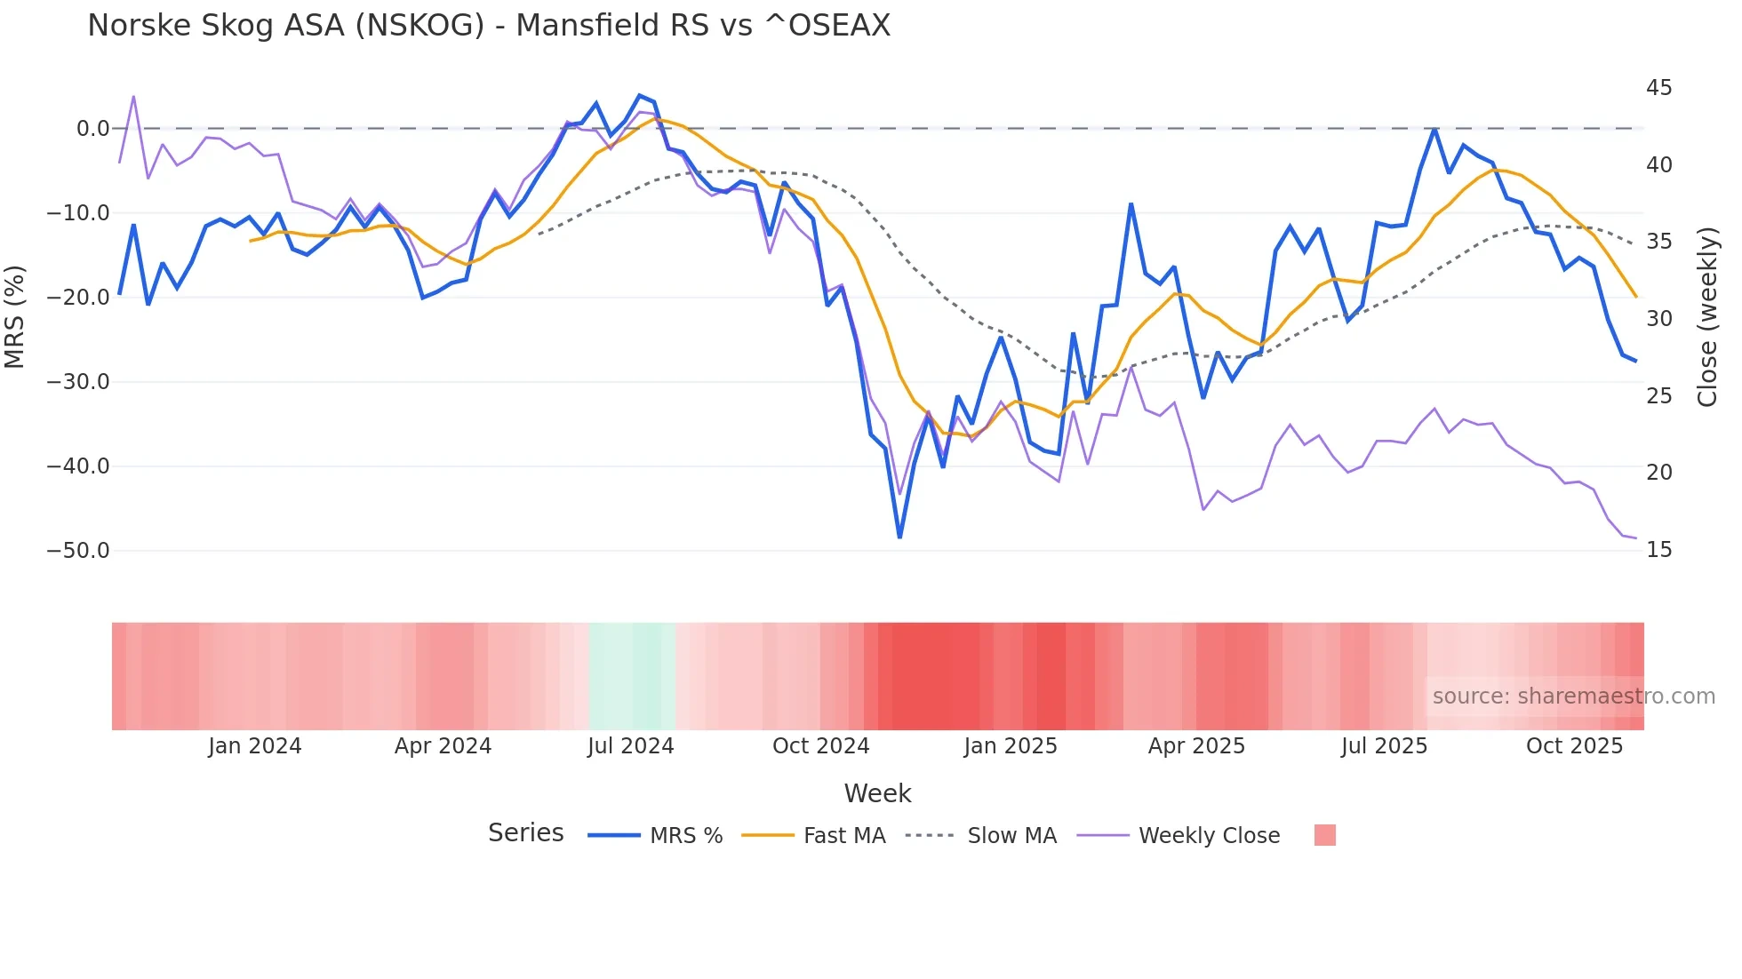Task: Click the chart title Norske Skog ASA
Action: pos(488,25)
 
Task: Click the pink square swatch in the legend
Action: pos(1324,835)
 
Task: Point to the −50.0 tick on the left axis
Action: pos(78,551)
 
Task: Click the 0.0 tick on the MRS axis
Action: pos(92,129)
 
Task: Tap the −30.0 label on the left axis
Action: pos(78,382)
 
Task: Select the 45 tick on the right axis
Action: pos(1658,88)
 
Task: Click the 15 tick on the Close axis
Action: pos(1658,550)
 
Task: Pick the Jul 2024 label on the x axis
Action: pos(630,746)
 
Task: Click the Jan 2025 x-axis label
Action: pos(1010,746)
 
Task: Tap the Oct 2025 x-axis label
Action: pos(1574,746)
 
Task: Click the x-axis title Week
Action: pos(877,793)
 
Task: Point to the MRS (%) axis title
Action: pos(15,316)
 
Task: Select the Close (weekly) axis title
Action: pos(1707,316)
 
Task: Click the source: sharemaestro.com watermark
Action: pos(1573,696)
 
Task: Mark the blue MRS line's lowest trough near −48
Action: pos(899,537)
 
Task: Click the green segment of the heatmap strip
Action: pos(632,676)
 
